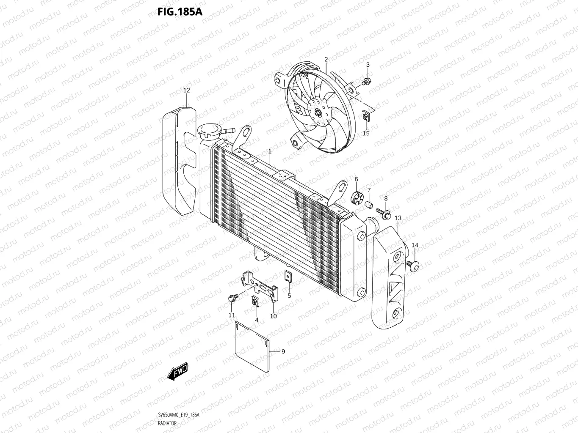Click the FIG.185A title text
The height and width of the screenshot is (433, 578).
[x=180, y=11]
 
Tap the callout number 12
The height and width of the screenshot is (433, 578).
[x=187, y=90]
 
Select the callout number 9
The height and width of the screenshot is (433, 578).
[x=283, y=351]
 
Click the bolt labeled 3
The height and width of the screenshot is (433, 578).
[x=366, y=81]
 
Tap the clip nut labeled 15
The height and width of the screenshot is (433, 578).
[x=366, y=116]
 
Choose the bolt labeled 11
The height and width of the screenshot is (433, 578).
[x=232, y=298]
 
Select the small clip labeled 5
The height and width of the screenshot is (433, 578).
[x=288, y=277]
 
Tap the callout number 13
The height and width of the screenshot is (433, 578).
[x=398, y=218]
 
